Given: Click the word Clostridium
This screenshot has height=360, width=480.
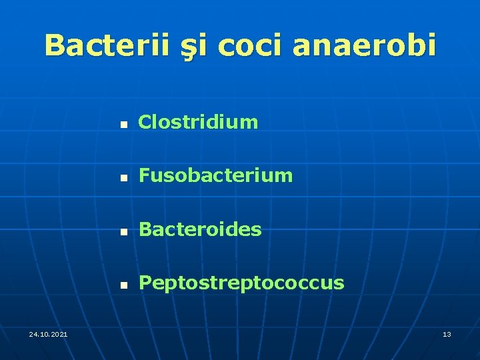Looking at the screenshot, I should (x=197, y=122).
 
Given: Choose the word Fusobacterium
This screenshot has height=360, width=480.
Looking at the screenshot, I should (x=215, y=176).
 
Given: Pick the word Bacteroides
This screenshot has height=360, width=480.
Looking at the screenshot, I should (x=200, y=230).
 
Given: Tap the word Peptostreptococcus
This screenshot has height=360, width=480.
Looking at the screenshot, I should (x=241, y=283).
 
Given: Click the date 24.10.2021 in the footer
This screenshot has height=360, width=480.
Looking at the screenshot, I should (x=48, y=333).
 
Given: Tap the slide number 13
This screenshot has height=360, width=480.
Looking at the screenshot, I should (x=447, y=333).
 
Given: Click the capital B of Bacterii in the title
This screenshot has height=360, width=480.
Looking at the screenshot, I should (x=55, y=45).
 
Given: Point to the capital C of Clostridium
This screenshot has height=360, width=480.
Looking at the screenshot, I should (x=144, y=122).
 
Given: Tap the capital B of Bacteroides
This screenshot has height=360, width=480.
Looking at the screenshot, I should (x=145, y=230).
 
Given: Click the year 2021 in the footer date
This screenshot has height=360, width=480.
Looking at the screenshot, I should (x=58, y=333).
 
